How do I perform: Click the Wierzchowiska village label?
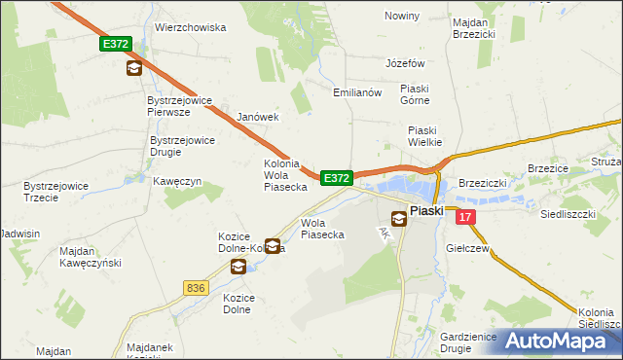coord(191,28)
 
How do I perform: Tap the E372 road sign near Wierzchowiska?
coord(115,45)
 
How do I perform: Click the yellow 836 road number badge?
coord(195,287)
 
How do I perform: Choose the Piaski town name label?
coord(426,210)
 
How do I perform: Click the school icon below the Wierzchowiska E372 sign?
coord(133,68)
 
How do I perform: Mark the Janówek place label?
coord(258,117)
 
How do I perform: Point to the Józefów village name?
coord(406,63)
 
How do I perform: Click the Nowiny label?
coord(402,17)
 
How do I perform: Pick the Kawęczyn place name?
coord(176,182)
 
